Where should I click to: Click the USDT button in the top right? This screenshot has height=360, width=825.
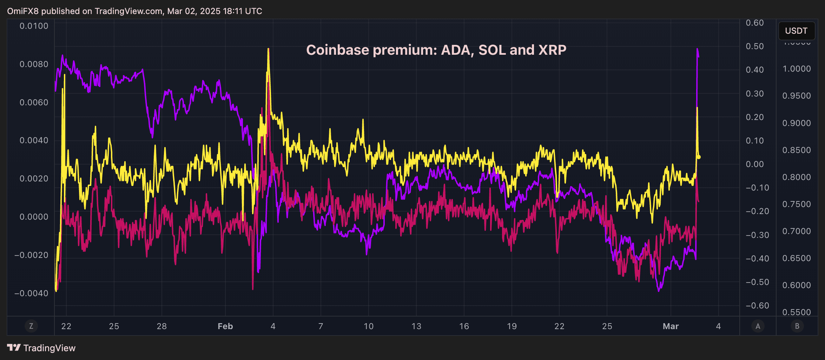click(796, 31)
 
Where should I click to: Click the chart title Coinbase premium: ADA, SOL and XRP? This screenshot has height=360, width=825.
click(436, 50)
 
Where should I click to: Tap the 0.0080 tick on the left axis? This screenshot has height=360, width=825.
click(34, 64)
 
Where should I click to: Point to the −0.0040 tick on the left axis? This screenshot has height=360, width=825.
click(31, 293)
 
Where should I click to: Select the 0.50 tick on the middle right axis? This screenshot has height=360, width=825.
click(754, 46)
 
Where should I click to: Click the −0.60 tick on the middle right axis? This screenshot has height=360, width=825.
click(757, 306)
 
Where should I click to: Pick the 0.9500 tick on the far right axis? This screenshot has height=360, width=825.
click(796, 96)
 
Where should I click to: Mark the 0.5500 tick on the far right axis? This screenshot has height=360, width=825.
click(796, 312)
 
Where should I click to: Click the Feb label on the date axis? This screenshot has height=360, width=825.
click(225, 326)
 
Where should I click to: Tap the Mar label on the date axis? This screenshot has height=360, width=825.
click(671, 326)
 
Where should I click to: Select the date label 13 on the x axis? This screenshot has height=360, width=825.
click(416, 326)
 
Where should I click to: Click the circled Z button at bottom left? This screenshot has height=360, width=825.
click(31, 326)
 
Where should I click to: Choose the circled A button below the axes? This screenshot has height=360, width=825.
click(758, 326)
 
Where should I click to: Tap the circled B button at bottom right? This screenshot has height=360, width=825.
click(797, 326)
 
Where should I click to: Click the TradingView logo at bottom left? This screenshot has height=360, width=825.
click(41, 348)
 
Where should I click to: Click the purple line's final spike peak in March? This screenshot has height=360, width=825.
click(697, 49)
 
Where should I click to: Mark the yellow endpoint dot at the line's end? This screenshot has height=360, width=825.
click(699, 157)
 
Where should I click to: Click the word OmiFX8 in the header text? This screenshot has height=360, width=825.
click(23, 11)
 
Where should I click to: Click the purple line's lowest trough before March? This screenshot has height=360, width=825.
click(659, 291)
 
